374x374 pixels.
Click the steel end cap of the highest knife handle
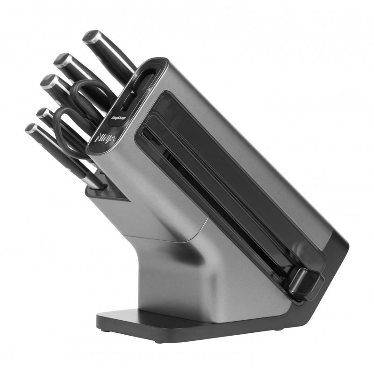[x=91, y=36]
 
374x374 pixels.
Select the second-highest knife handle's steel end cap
[x=61, y=59]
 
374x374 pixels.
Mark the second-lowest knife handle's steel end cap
[x=43, y=113]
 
